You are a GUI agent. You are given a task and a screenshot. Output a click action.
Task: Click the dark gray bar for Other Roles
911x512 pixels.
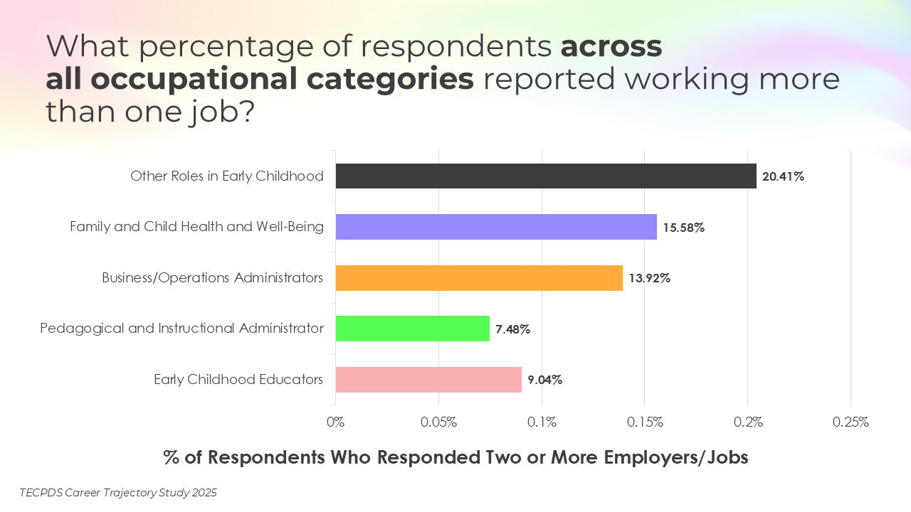pos(545,176)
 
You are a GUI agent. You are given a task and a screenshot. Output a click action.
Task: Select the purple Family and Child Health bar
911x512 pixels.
pos(495,227)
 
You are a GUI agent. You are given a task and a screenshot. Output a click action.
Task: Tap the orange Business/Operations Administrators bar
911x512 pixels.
pos(478,278)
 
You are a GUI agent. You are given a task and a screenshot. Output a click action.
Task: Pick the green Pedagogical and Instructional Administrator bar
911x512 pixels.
pos(412,329)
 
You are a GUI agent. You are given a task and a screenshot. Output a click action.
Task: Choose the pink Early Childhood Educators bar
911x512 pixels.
pos(428,380)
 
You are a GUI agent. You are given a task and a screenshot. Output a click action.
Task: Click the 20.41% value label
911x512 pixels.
pos(783,176)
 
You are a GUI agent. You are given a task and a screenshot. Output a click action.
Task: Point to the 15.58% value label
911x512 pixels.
pos(683,228)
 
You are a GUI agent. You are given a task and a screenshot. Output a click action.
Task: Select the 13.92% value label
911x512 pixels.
pos(649,278)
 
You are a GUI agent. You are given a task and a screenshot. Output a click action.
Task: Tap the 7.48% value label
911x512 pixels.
pos(512,329)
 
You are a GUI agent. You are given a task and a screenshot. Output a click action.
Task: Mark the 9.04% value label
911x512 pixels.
pos(544,380)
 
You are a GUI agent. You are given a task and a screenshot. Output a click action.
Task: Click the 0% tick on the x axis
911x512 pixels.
pos(335,422)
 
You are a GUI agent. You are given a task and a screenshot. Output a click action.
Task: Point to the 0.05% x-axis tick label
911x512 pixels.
pos(438,422)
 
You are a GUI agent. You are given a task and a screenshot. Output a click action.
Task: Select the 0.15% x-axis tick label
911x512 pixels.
pos(645,422)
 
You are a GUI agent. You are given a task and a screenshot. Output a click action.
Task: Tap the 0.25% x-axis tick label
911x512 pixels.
pos(851,422)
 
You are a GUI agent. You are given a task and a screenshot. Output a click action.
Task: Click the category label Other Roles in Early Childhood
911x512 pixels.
pos(226,176)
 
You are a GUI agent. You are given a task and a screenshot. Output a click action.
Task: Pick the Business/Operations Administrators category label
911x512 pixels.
pos(212,277)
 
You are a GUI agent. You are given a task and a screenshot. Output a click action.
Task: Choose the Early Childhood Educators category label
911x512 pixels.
pos(238,379)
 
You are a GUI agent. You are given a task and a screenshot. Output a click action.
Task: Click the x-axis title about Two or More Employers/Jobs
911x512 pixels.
pos(455,457)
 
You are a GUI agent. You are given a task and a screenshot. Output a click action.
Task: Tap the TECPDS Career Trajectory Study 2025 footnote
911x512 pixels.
pos(118,493)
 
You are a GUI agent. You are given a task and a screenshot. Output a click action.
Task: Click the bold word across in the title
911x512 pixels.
pos(611,46)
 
